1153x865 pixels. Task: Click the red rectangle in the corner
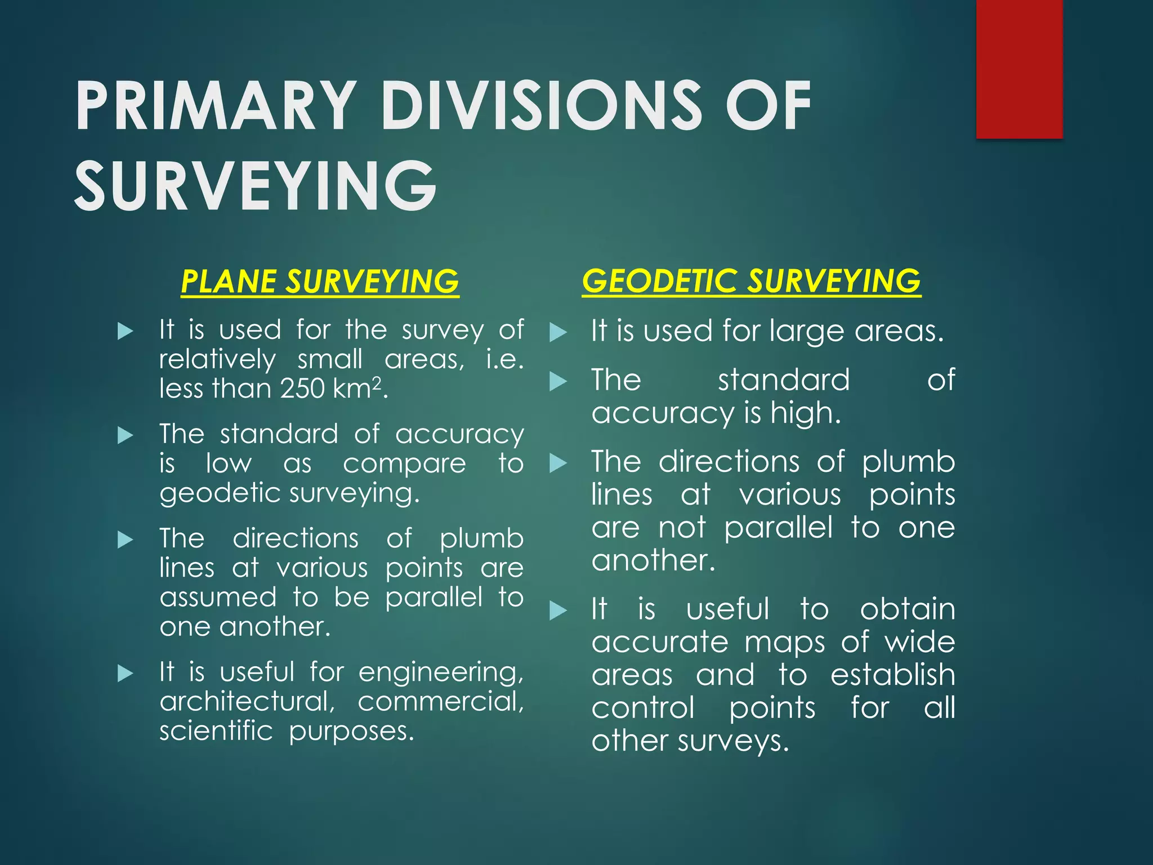pos(1019,69)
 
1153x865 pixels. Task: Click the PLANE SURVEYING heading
pos(320,282)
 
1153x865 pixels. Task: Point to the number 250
pos(302,389)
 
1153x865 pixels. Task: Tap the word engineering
pos(441,672)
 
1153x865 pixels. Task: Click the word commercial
pos(441,701)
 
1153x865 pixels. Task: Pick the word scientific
pos(216,731)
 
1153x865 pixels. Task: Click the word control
pos(643,708)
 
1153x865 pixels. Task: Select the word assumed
pos(218,597)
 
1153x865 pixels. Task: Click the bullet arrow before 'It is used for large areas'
pos(557,332)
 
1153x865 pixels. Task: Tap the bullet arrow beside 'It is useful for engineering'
pos(125,673)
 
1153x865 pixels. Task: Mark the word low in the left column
pos(229,463)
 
